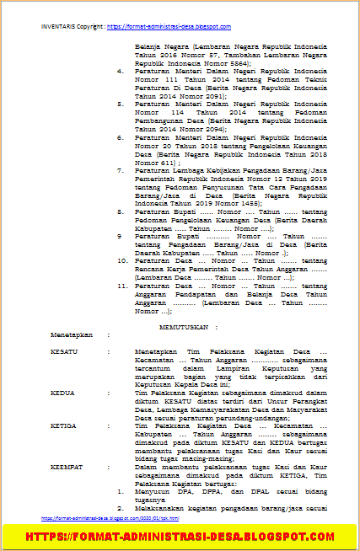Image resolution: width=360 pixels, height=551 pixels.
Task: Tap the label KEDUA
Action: [62, 393]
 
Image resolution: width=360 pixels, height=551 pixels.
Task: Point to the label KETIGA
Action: [62, 426]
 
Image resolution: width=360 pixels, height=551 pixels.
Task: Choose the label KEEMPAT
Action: [65, 466]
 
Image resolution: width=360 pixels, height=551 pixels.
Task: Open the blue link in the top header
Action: [158, 27]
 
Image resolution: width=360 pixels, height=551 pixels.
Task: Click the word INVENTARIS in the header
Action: [57, 27]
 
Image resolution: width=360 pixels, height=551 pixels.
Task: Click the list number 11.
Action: [121, 286]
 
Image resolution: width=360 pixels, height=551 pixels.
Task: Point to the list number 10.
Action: [121, 261]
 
